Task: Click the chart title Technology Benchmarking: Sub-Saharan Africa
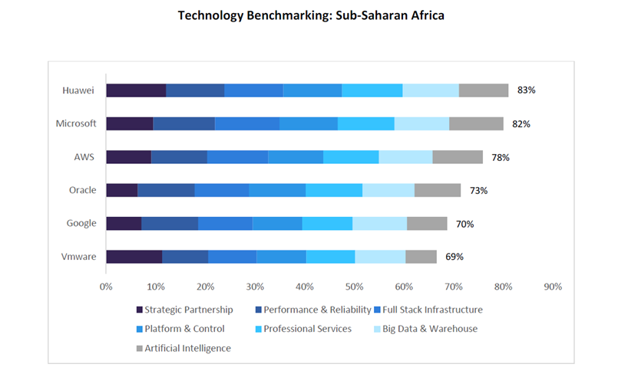click(x=311, y=15)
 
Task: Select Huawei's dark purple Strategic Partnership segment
click(x=136, y=90)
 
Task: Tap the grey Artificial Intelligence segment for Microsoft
click(x=476, y=123)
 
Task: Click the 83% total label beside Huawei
click(x=526, y=90)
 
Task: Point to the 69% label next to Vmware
click(x=455, y=257)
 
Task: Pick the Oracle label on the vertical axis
click(x=83, y=190)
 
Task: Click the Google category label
click(x=81, y=223)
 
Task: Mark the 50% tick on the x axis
click(x=354, y=287)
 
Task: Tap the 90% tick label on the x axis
click(x=552, y=287)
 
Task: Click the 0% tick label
click(x=106, y=287)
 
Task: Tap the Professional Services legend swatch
click(x=259, y=329)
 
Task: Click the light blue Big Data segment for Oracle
click(x=388, y=190)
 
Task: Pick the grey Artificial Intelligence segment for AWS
click(x=458, y=156)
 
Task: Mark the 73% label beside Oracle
click(x=478, y=190)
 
